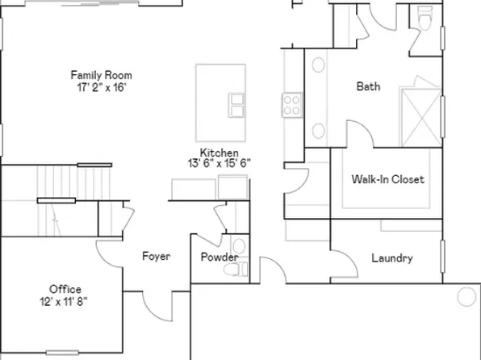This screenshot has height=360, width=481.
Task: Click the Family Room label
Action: pos(102,75)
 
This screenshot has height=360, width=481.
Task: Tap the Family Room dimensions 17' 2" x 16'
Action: pos(102,86)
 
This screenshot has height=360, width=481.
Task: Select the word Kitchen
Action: pos(220,153)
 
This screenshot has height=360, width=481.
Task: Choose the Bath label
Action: pos(369,86)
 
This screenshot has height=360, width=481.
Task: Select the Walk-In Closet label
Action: pos(387,179)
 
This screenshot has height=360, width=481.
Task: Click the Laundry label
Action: pos(392,258)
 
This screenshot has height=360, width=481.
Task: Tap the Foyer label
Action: pos(156,257)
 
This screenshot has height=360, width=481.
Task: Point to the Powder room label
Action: pos(220,257)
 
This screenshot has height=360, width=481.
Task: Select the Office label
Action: pos(65,289)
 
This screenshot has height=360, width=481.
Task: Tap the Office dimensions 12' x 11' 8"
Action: pos(65,300)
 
